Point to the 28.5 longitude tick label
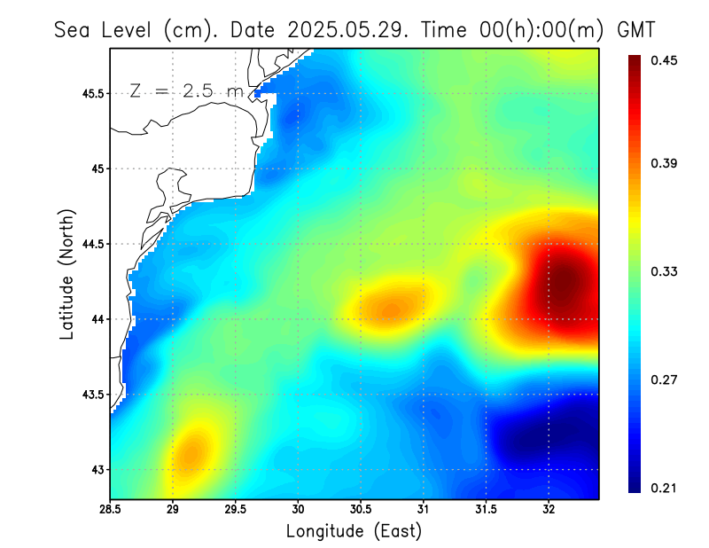coord(111,509)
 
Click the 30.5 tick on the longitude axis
coord(361,509)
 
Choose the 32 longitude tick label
coord(549,509)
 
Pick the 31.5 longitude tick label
coord(487,509)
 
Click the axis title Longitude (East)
coord(354,531)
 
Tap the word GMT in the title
coord(635,29)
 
